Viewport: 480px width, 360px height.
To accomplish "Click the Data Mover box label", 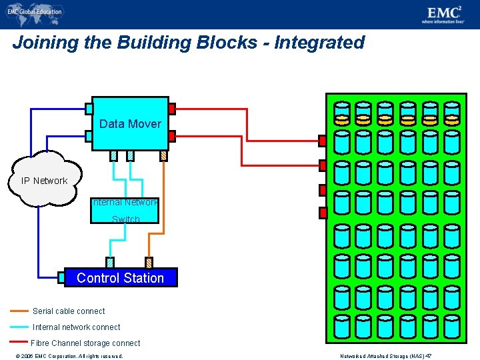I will [130, 124].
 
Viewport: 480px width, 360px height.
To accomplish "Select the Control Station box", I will [121, 278].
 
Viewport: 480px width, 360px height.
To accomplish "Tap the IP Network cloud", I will [44, 181].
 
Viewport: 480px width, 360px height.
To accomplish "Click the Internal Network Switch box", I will [125, 210].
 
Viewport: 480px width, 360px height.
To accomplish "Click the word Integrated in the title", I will [320, 43].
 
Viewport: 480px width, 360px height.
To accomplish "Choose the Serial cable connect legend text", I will [69, 311].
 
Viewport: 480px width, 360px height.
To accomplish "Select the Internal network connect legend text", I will [77, 327].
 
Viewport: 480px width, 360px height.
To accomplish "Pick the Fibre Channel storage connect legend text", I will [85, 343].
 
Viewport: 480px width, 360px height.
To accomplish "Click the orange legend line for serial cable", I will [21, 311].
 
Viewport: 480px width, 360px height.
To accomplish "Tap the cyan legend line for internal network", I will [21, 327].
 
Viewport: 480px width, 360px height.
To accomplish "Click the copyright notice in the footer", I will [65, 356].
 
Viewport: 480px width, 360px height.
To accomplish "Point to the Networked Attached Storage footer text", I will [386, 356].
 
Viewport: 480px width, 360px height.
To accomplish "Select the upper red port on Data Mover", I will [172, 109].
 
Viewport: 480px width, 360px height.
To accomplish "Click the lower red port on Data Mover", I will [172, 136].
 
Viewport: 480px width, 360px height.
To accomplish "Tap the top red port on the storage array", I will [323, 141].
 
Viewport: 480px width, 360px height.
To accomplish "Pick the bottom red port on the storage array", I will [323, 213].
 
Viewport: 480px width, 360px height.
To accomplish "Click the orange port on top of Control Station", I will [149, 263].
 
